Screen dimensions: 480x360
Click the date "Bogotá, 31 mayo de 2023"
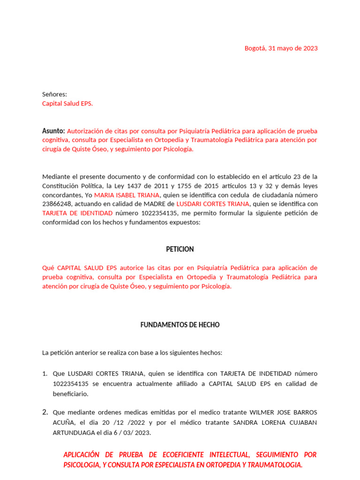[x=281, y=48]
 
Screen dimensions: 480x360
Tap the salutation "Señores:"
[x=54, y=94]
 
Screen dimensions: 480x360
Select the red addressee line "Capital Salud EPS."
[x=67, y=104]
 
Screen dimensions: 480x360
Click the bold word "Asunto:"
[x=53, y=131]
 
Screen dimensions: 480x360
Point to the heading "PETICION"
[x=180, y=249]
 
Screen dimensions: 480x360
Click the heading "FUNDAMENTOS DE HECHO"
[x=180, y=325]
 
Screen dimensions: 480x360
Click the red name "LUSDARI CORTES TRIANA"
[x=212, y=204]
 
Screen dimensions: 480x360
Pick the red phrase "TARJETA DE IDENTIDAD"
[x=77, y=213]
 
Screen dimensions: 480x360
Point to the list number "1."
[x=45, y=374]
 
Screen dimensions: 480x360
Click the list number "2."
[x=45, y=412]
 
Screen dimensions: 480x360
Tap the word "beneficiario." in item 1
[x=70, y=394]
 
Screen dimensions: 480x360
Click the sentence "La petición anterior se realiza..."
[x=132, y=352]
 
